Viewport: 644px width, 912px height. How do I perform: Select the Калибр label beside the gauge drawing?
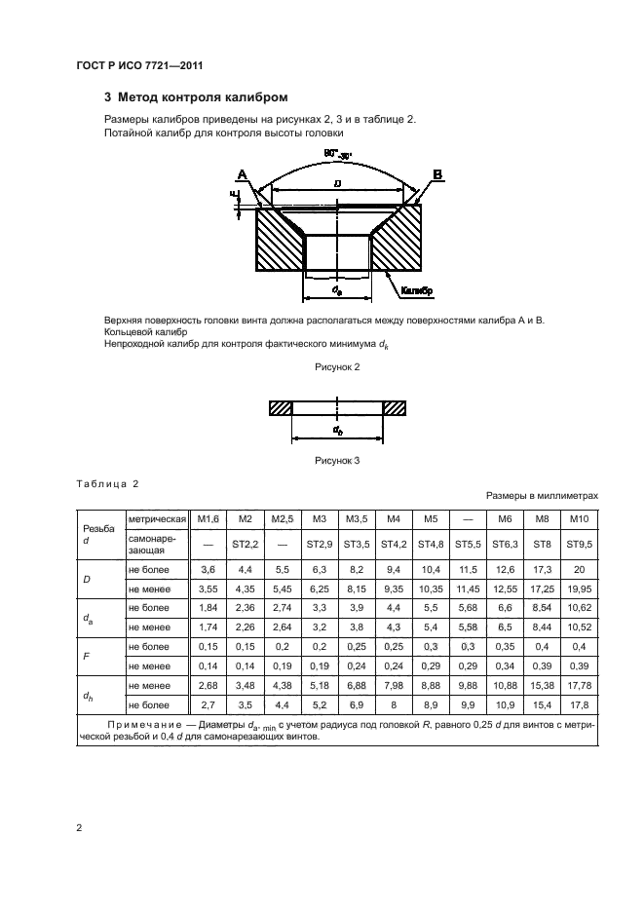click(415, 289)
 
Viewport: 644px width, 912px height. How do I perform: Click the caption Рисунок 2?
click(337, 366)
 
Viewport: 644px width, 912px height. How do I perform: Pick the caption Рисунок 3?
click(337, 461)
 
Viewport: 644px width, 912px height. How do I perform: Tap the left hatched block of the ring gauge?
click(281, 409)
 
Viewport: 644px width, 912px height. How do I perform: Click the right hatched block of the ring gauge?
click(395, 409)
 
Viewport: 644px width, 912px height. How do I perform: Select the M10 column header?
click(580, 517)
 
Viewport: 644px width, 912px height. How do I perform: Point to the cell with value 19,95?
click(580, 590)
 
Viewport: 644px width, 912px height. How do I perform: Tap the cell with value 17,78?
click(580, 688)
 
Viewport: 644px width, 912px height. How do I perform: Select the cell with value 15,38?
click(543, 688)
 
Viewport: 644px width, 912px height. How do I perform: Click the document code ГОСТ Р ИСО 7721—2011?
click(138, 65)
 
